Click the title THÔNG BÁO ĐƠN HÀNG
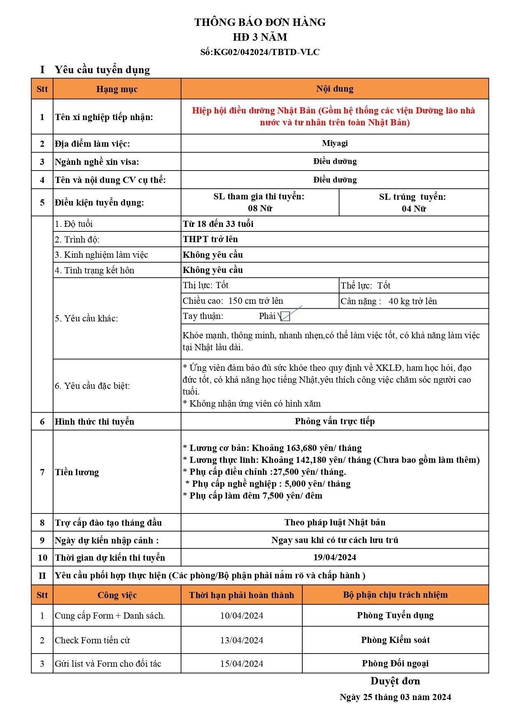260,22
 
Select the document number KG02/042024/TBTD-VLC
266,52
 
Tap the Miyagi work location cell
334,143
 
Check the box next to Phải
285,317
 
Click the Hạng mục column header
117,89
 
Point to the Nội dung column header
334,89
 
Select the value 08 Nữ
260,208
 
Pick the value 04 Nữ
413,209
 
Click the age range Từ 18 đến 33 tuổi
218,224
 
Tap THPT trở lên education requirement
210,239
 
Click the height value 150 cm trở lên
255,301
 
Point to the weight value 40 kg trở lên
413,301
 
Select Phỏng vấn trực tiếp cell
334,421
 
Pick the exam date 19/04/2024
334,557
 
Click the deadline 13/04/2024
241,640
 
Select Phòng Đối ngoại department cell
395,663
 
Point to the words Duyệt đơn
395,681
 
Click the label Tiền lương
77,472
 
